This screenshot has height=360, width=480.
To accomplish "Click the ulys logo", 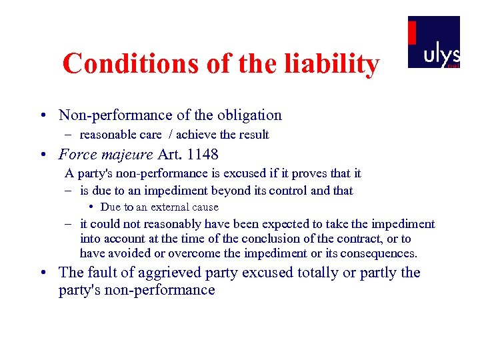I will [434, 42].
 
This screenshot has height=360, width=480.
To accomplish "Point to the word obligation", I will [249, 115].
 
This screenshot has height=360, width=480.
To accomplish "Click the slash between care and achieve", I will [169, 135].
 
